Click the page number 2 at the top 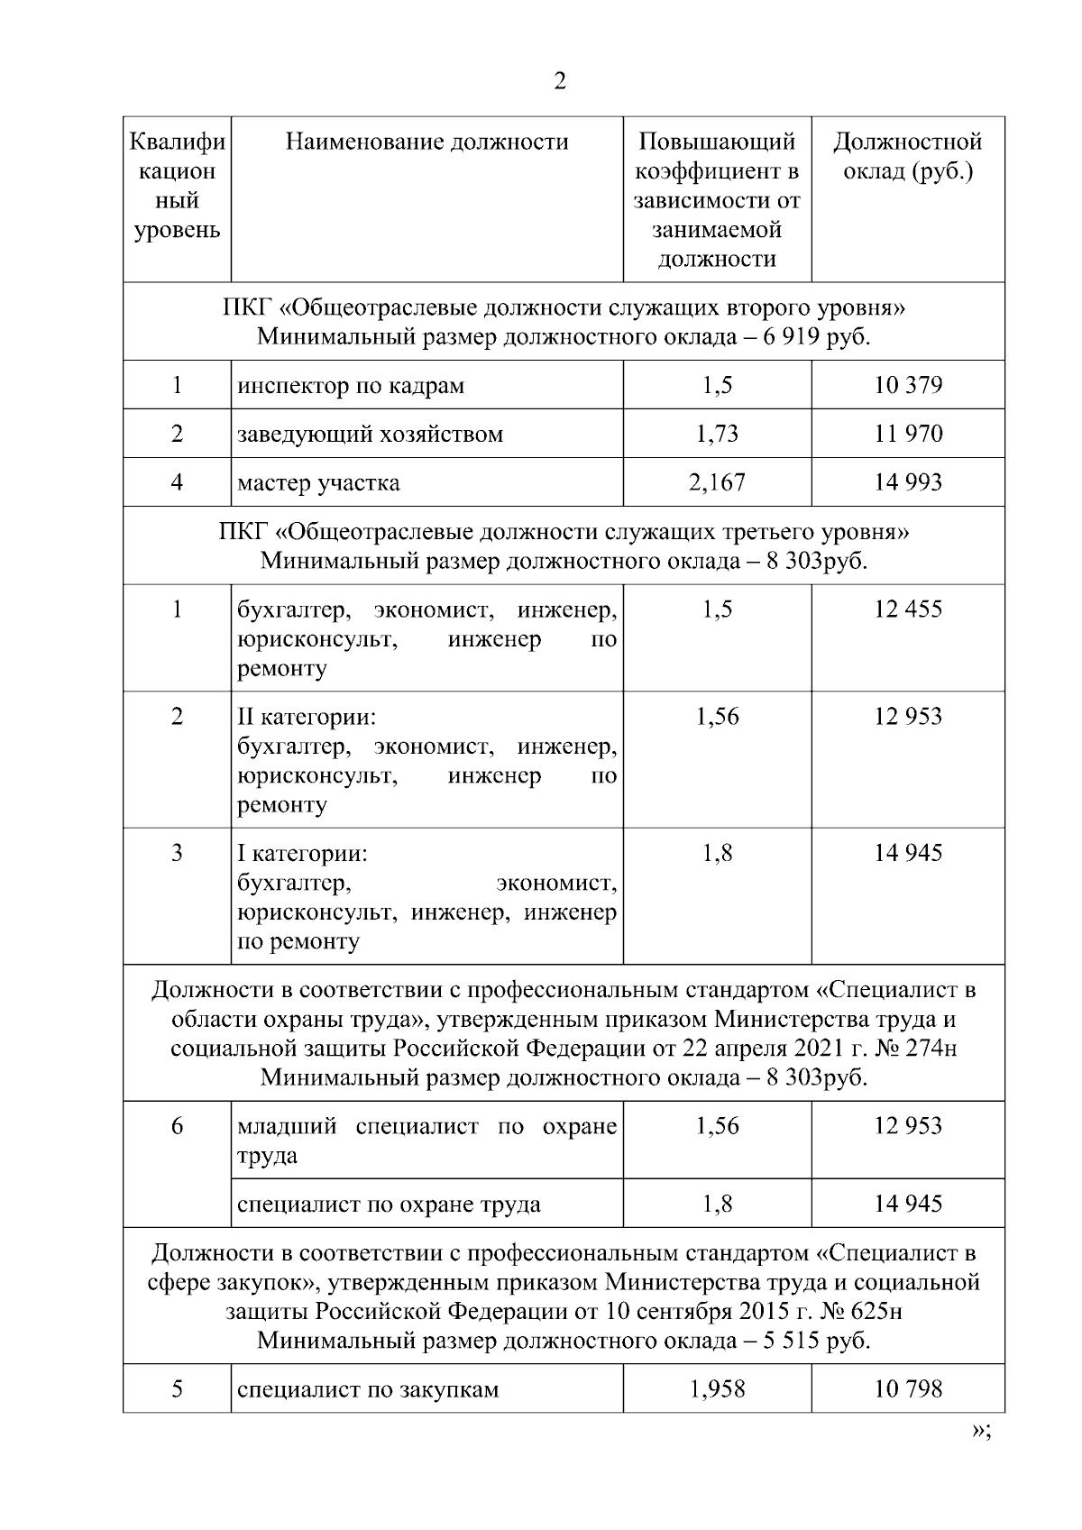coord(560,81)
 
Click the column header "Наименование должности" coord(426,142)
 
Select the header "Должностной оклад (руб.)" coord(907,156)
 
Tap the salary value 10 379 coord(907,386)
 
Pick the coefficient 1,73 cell coord(717,434)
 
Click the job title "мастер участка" coord(318,482)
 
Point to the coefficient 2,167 coord(717,482)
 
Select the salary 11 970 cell coord(907,434)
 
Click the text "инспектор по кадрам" coord(351,386)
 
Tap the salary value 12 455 coord(907,609)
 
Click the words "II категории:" coord(307,717)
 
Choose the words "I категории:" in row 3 coord(302,853)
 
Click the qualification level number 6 coord(177,1125)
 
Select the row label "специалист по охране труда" coord(389,1204)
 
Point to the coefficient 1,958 coord(717,1388)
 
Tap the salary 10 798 coord(907,1388)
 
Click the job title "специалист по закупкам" coord(368,1388)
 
